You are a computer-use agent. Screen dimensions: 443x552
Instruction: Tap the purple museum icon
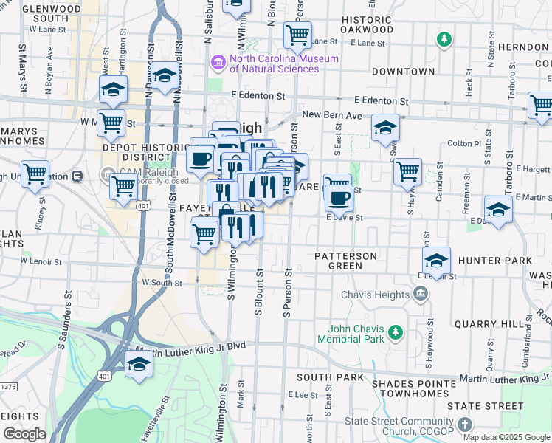tap(218, 61)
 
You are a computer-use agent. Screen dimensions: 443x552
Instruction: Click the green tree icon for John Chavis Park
tap(396, 330)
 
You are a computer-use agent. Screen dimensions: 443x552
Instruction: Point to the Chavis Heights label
tap(375, 295)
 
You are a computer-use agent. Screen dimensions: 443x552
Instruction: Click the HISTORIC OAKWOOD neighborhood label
tap(367, 24)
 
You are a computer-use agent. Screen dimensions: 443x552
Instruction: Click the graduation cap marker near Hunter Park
tap(437, 261)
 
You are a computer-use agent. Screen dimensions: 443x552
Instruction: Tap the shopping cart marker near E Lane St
tap(298, 32)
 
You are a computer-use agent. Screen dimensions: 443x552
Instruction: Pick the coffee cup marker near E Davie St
tap(339, 197)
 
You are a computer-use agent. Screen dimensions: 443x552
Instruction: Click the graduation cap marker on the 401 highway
tap(139, 365)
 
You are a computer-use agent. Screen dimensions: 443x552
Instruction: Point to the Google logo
tap(24, 434)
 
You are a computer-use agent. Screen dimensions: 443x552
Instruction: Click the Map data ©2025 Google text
tap(506, 437)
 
